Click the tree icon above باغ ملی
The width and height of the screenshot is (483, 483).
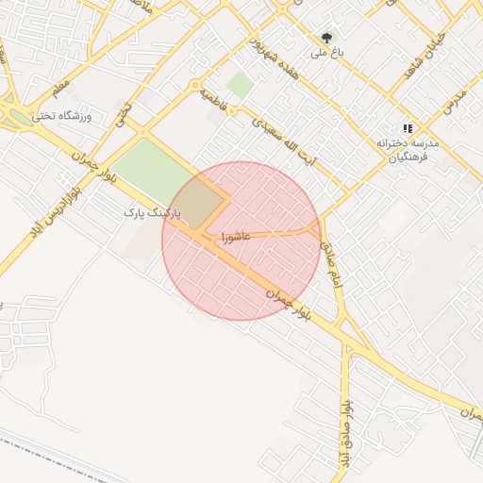coord(326,39)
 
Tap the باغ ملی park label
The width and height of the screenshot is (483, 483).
coord(325,55)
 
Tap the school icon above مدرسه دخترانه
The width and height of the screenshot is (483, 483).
coord(408,127)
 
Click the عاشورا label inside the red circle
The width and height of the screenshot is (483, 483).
coord(235,236)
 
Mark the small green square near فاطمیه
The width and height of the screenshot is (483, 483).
coord(240,86)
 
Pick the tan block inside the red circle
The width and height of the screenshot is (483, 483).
coord(201,201)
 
